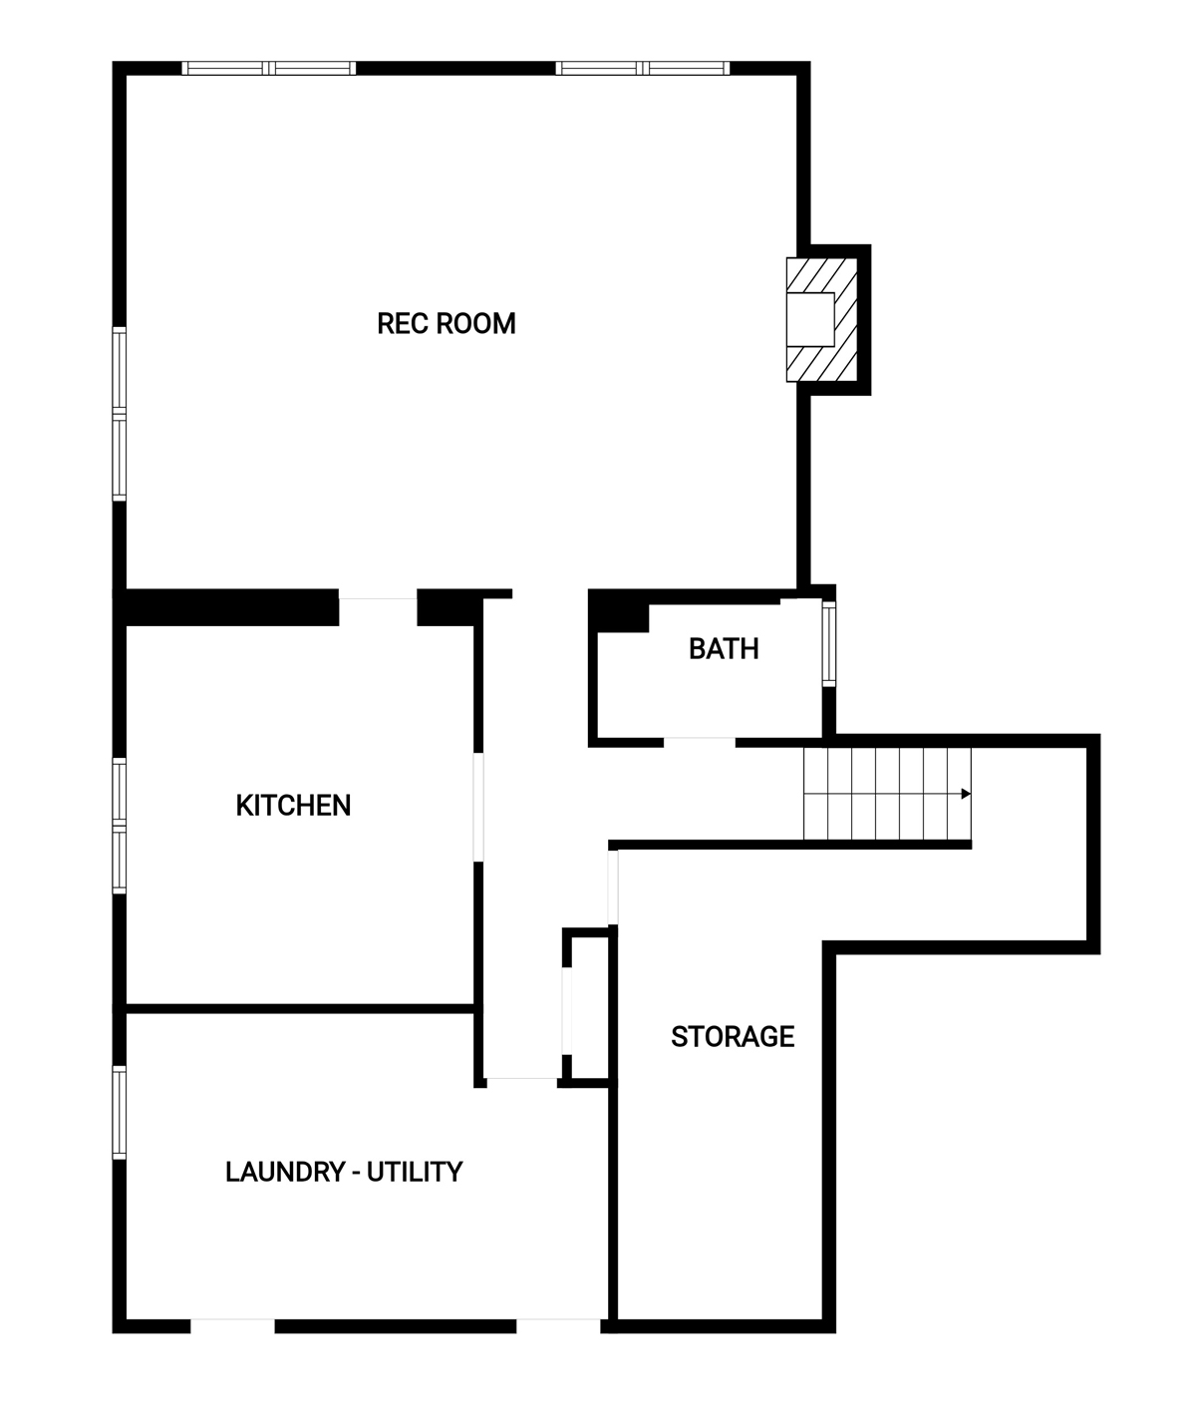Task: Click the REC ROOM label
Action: (446, 323)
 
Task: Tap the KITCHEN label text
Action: (293, 806)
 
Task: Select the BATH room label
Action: (724, 649)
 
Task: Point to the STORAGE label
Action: (733, 1036)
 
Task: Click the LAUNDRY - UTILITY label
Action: (344, 1172)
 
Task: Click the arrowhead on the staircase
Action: (966, 794)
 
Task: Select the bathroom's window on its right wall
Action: (829, 644)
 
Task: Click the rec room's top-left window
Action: (269, 68)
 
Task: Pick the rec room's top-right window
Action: (642, 68)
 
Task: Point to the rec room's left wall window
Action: (119, 414)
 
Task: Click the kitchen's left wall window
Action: (119, 825)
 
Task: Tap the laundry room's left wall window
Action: (119, 1113)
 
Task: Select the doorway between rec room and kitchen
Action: (378, 607)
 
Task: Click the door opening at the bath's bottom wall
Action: (699, 742)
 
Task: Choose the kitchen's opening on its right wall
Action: (477, 807)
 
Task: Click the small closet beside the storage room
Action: (589, 1008)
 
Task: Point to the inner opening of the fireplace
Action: (809, 319)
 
